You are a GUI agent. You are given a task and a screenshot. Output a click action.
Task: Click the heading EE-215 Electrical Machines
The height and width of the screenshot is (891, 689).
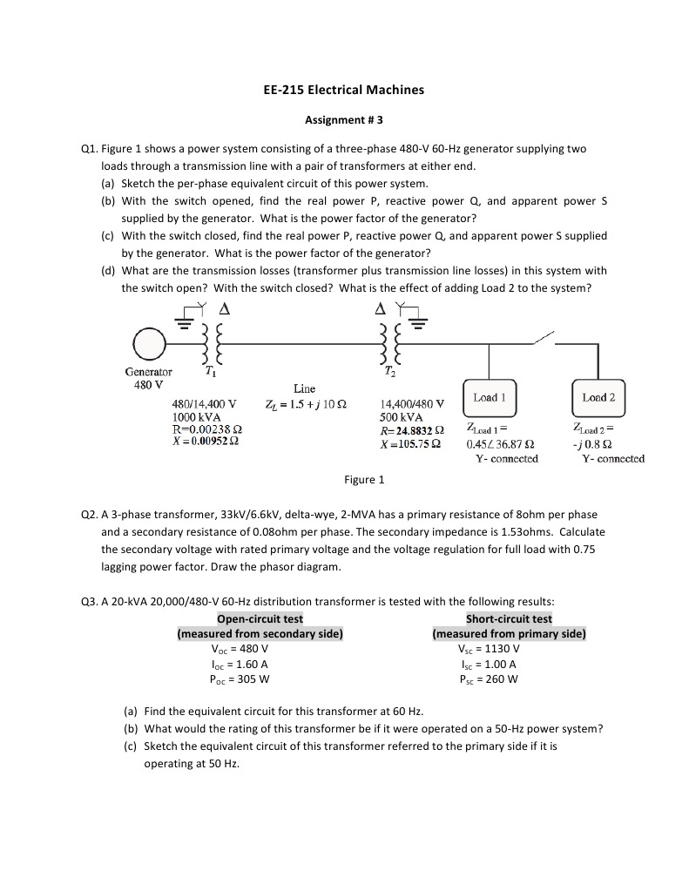(x=344, y=90)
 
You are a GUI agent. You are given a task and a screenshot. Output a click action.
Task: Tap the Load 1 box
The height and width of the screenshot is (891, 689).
(x=489, y=398)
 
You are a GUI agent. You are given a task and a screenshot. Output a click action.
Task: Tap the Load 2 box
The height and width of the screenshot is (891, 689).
(x=598, y=398)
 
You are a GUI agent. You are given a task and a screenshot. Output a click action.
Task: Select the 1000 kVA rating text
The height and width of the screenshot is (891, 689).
(x=196, y=417)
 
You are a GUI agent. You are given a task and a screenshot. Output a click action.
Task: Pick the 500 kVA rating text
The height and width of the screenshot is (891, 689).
(x=402, y=417)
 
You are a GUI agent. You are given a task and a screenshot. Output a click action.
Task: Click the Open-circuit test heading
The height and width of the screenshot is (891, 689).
(x=260, y=619)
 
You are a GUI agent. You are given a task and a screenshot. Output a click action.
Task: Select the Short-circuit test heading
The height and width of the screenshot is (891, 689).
(x=509, y=619)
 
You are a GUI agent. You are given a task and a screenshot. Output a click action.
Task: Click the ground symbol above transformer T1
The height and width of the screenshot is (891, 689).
(x=185, y=321)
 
